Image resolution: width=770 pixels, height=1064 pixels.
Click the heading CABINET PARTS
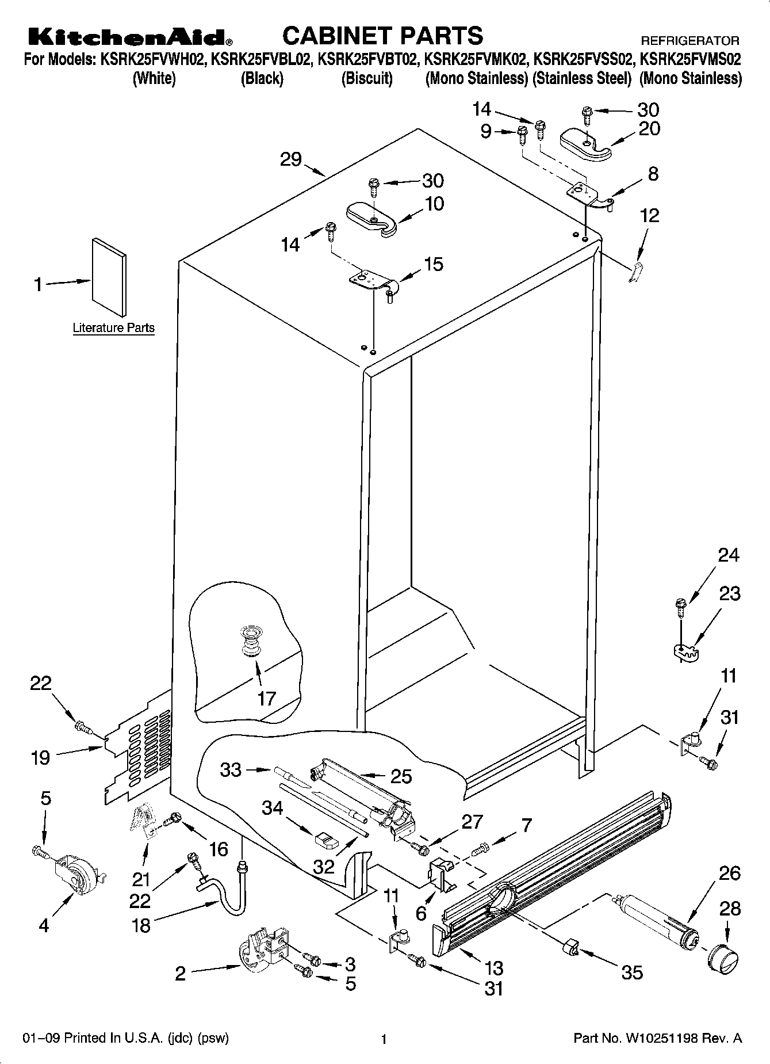[382, 35]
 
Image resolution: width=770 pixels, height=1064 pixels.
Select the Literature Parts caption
[113, 328]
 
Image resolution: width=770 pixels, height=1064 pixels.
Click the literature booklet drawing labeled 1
[109, 277]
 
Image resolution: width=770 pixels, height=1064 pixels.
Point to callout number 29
[291, 159]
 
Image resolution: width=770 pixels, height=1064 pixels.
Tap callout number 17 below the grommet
[267, 699]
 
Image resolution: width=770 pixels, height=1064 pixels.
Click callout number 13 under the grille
[494, 968]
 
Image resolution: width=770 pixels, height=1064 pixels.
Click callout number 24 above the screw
[728, 555]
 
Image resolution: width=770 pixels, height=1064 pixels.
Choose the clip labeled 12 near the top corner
[635, 272]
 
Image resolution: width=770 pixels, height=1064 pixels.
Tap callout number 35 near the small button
[632, 973]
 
